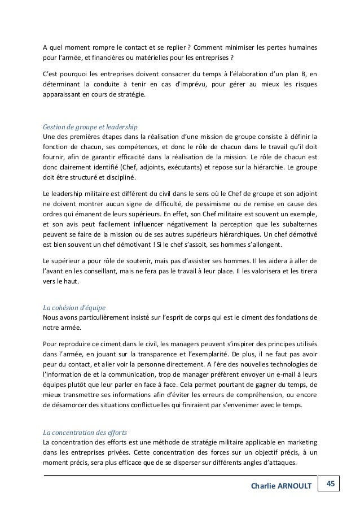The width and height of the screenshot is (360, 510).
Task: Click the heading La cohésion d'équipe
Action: (x=71, y=308)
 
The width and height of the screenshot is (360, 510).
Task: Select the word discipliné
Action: (x=116, y=178)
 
